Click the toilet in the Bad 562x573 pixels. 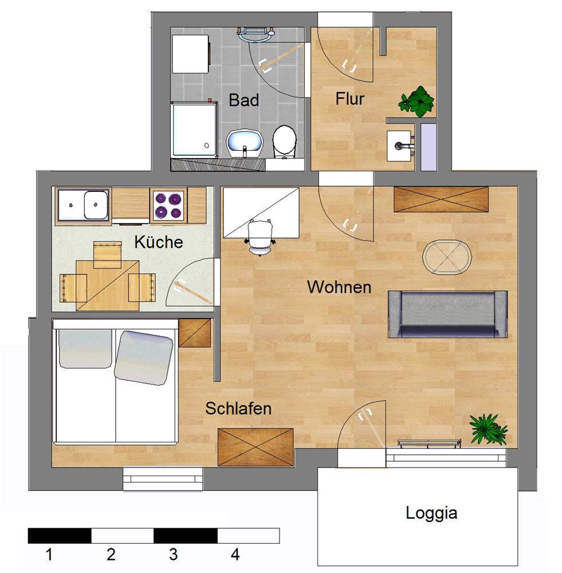284,142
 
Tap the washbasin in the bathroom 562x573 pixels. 245,144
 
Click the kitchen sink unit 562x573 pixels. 83,205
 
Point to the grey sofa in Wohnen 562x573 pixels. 447,314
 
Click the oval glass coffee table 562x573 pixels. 447,257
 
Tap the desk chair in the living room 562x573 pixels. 260,237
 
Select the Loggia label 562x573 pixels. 431,513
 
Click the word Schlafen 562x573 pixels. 238,408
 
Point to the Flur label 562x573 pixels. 349,99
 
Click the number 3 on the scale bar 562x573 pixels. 173,554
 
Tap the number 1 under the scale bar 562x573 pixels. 49,554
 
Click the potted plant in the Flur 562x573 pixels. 417,101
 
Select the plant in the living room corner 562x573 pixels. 489,429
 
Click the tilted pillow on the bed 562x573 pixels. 143,358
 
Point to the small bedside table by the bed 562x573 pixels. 195,333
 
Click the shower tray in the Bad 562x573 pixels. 194,130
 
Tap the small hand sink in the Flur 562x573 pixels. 401,146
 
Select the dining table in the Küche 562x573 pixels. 108,285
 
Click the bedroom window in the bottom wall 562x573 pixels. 163,478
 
